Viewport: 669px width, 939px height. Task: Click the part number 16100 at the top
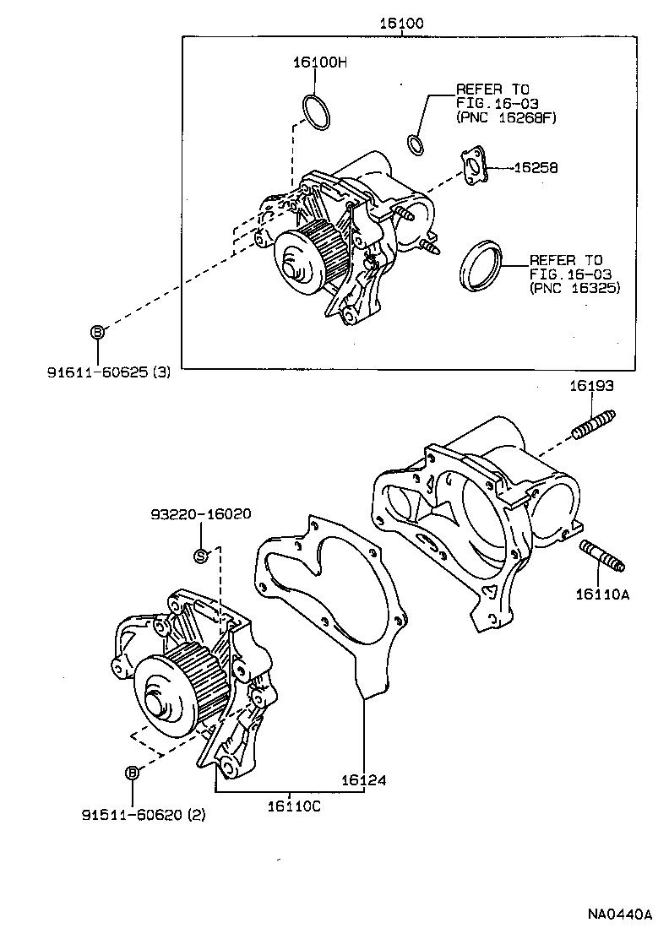tap(400, 23)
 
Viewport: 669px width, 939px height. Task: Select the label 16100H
tap(320, 62)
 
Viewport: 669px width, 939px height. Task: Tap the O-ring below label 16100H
tap(316, 112)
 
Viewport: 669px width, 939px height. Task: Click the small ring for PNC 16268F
tap(415, 145)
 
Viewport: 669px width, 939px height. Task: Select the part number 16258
tap(534, 168)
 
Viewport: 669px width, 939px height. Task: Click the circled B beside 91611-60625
tap(97, 332)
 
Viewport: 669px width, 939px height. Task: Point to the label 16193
tap(590, 385)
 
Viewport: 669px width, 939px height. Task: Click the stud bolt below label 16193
tap(593, 424)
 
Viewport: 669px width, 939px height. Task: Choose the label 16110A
tap(603, 594)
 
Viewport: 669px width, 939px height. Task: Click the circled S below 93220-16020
tap(201, 555)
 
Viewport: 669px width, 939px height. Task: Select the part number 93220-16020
tap(201, 514)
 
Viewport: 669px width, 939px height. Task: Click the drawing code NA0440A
tap(621, 915)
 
